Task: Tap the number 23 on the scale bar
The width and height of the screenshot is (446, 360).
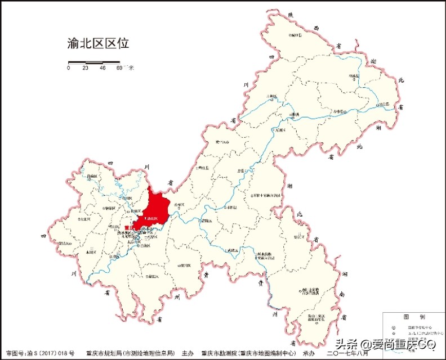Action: pos(86,68)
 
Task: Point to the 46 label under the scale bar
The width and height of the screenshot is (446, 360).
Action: pos(102,68)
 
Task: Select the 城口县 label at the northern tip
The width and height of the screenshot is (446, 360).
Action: pos(295,35)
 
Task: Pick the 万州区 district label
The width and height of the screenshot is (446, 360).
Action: pos(280,130)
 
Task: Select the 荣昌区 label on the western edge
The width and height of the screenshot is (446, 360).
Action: pos(64,244)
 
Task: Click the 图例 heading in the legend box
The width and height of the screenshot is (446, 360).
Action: pos(409,317)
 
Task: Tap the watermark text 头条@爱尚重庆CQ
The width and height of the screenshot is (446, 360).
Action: pos(386,343)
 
